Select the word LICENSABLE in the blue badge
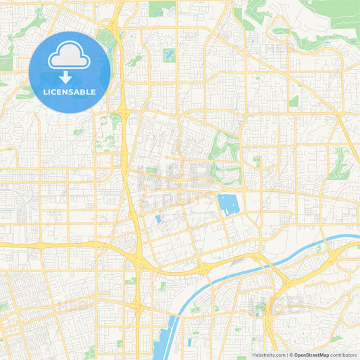click(x=70, y=92)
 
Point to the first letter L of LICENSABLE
click(x=45, y=92)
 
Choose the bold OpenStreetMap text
click(x=311, y=355)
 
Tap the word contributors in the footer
click(x=344, y=355)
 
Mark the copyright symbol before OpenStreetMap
click(x=291, y=355)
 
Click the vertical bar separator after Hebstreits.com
click(x=287, y=355)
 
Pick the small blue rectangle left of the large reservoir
click(x=158, y=219)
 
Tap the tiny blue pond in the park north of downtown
click(x=168, y=53)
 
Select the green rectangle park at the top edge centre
click(x=161, y=9)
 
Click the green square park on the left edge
click(x=5, y=63)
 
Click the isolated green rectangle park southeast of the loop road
click(x=294, y=101)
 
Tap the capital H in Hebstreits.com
click(x=255, y=355)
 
